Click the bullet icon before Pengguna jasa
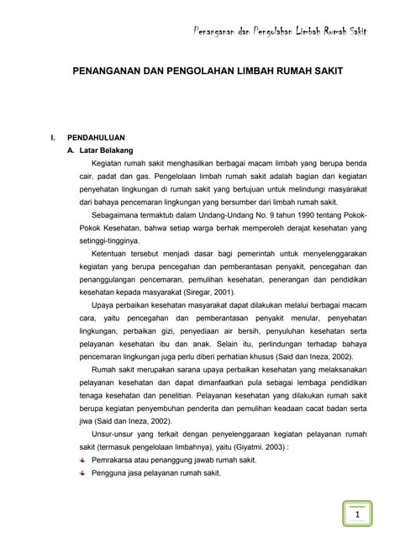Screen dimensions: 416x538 click(82, 473)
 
